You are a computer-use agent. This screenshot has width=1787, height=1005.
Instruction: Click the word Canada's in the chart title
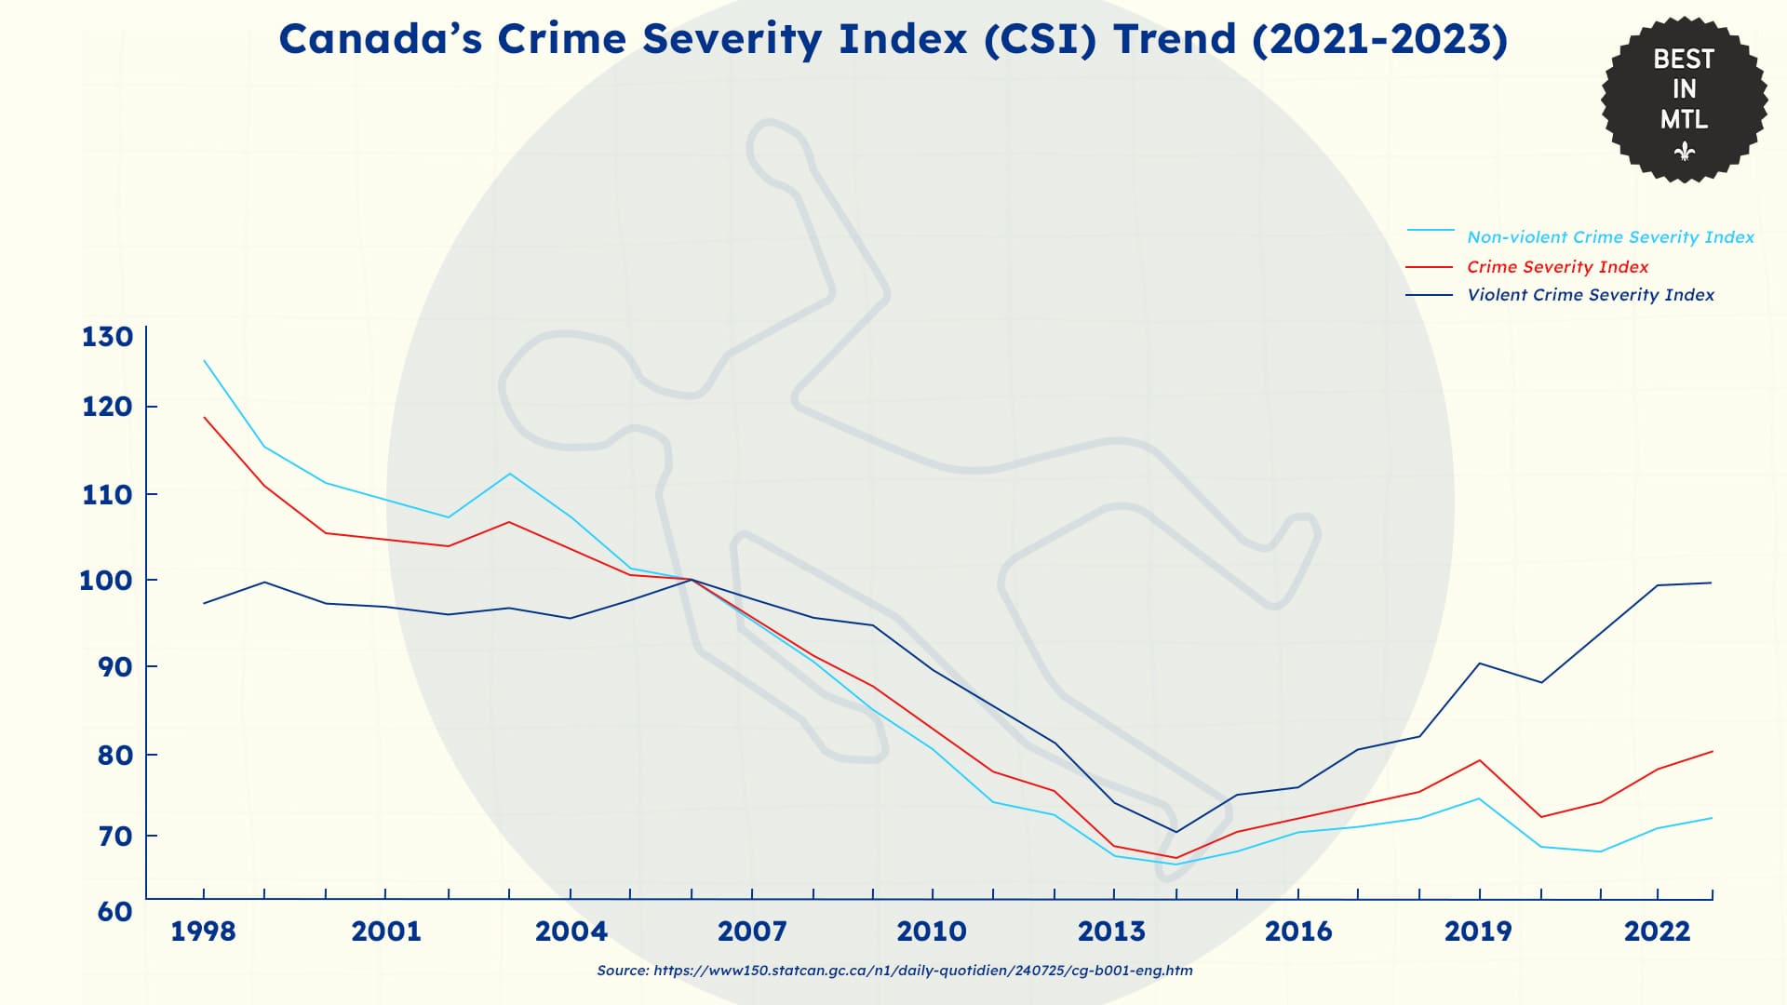381,39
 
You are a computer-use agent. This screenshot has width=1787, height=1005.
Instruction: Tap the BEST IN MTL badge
1684,100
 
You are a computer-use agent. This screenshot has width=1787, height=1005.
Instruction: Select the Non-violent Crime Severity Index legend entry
1580,236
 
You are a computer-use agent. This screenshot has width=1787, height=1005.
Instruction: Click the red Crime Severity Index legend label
1557,267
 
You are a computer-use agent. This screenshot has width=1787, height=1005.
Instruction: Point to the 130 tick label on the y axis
107,337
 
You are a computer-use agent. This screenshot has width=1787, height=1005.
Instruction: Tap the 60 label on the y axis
114,911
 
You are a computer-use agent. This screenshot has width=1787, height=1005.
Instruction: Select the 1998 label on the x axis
203,931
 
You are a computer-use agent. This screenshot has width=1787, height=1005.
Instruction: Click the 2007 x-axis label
752,931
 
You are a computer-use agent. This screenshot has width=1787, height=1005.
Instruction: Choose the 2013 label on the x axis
1111,931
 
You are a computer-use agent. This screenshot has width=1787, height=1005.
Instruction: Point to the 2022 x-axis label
1657,931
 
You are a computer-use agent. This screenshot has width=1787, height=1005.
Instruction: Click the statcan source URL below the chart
923,971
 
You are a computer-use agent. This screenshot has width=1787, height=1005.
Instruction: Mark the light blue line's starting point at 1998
204,360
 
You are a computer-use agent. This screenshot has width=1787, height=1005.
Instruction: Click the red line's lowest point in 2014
1176,858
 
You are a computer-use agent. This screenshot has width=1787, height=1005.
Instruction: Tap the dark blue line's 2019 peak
1479,663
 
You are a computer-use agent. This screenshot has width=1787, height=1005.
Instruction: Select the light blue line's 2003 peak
509,474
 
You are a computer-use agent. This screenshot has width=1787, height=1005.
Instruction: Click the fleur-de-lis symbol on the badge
1684,151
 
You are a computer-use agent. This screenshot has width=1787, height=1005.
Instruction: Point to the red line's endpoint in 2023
1713,751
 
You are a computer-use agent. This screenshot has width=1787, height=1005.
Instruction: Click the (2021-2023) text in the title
1380,39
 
